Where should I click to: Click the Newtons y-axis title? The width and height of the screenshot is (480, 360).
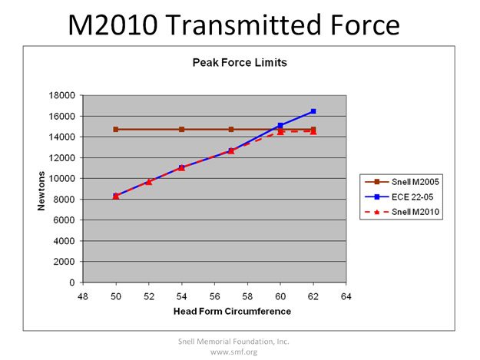point(45,188)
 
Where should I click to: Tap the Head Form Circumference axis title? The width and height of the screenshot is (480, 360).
point(214,311)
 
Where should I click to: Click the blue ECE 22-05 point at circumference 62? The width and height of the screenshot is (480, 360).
point(313,111)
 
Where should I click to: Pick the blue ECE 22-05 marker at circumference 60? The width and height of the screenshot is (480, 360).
point(280,125)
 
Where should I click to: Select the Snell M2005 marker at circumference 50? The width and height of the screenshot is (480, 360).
point(116,130)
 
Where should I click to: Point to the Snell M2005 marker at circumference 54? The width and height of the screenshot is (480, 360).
point(181,130)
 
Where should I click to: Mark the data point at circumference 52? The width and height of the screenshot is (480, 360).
point(149,182)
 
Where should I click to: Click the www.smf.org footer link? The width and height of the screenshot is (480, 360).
point(233,352)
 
